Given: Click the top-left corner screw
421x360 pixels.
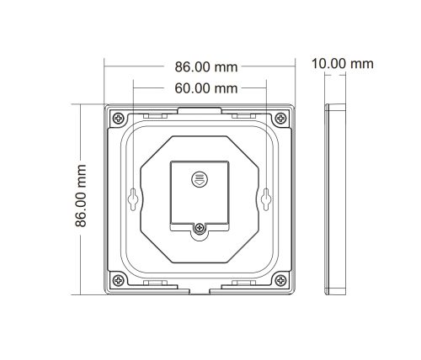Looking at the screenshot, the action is [x=119, y=118].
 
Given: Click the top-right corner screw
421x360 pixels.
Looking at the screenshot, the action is [x=280, y=118].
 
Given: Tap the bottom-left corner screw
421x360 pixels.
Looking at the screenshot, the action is [x=119, y=280].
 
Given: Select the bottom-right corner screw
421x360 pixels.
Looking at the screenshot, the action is [x=280, y=280].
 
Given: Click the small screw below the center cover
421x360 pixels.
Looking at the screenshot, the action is [x=200, y=227].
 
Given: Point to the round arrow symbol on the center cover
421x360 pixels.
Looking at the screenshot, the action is [x=200, y=179].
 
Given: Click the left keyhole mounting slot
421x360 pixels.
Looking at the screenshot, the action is [x=133, y=199].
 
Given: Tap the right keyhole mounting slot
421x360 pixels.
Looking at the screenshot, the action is [x=266, y=199].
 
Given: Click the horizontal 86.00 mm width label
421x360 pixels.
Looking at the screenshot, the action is [x=206, y=67].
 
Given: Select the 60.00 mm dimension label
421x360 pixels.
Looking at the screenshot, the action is [x=206, y=88].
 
